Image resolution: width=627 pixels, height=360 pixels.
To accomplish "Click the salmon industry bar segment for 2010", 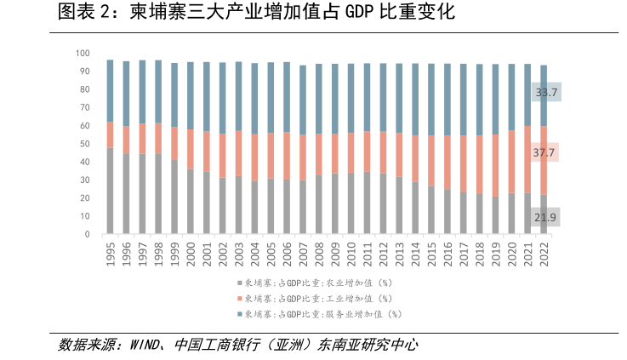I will (351, 153).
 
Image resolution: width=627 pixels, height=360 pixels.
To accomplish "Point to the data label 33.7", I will (545, 92).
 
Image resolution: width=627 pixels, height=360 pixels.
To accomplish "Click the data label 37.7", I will (545, 152).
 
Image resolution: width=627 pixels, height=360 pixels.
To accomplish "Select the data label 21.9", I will (545, 218).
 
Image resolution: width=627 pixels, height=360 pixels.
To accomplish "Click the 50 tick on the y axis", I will (85, 144).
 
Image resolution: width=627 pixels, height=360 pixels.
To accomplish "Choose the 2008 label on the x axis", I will (319, 254).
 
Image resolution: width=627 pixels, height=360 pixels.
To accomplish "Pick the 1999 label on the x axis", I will (174, 254).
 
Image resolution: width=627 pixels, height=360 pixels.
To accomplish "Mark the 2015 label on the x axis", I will (431, 254).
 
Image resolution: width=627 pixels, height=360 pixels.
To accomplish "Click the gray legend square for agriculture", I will (239, 282).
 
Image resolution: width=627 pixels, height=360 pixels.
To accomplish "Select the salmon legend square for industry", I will (239, 298).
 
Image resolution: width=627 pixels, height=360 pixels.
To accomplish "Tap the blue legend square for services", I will (239, 314).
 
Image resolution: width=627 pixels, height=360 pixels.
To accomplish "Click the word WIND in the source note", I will (147, 345).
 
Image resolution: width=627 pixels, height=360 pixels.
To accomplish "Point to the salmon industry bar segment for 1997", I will (142, 139).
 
